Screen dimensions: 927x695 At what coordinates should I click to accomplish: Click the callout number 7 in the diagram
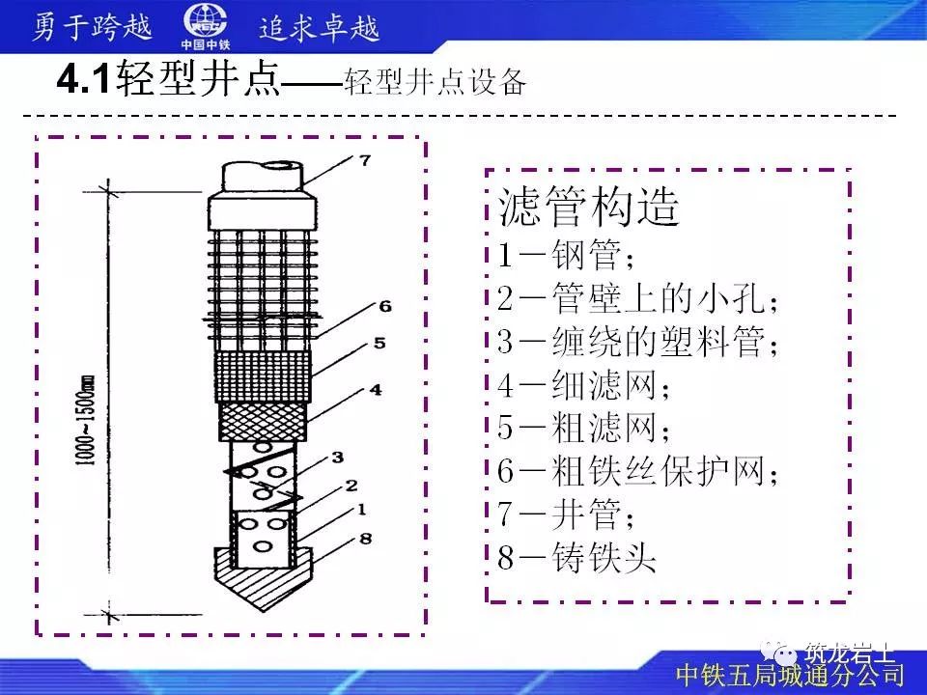(365, 159)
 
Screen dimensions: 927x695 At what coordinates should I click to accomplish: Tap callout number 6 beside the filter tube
(385, 306)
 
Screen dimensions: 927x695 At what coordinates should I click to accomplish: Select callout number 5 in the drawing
(379, 343)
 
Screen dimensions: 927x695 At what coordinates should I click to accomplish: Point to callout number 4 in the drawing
(376, 389)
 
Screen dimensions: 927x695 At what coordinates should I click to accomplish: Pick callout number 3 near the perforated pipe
(338, 457)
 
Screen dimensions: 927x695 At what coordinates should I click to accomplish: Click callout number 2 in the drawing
(351, 486)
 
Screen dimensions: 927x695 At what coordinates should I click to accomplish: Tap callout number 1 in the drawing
(361, 510)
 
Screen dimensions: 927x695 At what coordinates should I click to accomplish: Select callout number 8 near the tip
(365, 539)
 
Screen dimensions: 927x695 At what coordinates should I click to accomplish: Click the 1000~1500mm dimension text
(86, 420)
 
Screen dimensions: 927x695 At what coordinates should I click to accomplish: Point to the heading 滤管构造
(589, 207)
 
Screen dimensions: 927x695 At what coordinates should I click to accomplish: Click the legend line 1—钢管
(566, 255)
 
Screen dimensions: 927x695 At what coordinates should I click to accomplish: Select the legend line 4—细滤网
(583, 385)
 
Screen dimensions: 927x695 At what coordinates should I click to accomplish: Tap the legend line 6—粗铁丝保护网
(637, 471)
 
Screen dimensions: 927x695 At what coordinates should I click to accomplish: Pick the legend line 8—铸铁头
(576, 557)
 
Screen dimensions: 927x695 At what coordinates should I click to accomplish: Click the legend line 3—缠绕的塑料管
(637, 342)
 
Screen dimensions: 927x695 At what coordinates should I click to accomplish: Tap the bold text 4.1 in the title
(83, 78)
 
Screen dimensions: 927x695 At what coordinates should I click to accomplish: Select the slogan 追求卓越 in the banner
(319, 28)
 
